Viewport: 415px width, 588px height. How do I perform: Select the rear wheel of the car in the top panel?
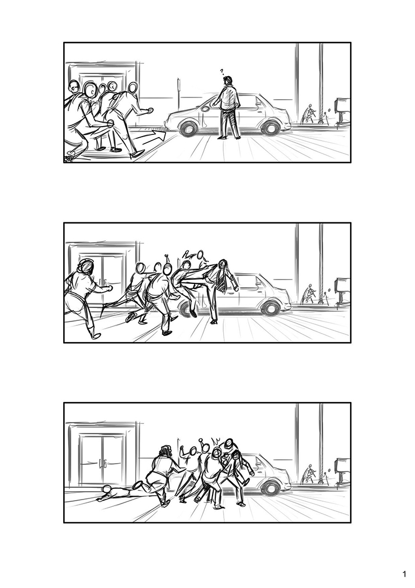point(271,126)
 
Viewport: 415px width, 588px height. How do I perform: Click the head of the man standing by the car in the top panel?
point(228,80)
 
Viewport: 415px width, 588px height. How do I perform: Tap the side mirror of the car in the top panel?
point(206,109)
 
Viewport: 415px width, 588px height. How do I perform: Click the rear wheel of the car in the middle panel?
point(271,307)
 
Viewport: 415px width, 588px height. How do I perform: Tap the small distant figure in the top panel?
point(308,114)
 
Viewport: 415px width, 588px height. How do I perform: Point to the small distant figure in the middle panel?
point(308,294)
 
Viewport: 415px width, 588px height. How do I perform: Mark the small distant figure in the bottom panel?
point(308,474)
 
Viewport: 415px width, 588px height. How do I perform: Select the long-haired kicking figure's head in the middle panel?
point(222,265)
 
